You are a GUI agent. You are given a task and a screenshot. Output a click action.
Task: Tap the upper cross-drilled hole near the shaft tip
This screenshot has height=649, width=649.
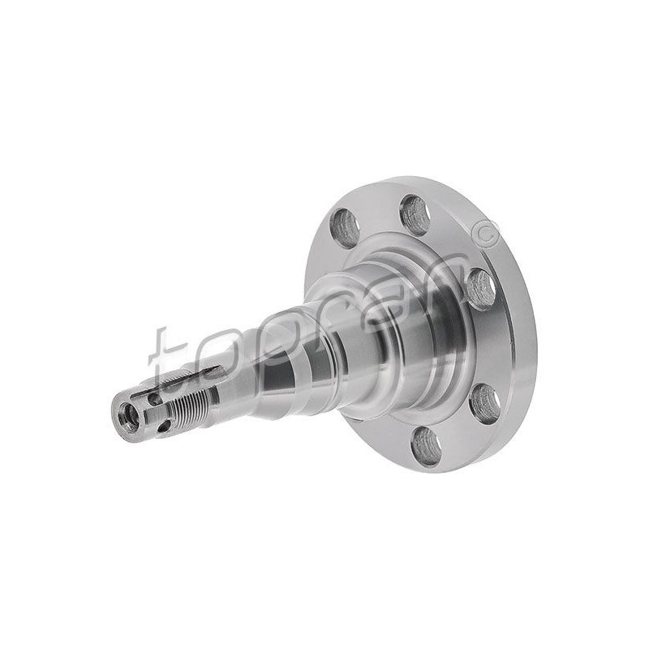pyautogui.click(x=154, y=398)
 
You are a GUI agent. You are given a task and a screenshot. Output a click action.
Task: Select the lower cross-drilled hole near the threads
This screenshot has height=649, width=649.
pyautogui.click(x=164, y=425)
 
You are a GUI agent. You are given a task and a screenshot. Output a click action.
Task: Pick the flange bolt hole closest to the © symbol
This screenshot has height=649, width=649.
pyautogui.click(x=481, y=289)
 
